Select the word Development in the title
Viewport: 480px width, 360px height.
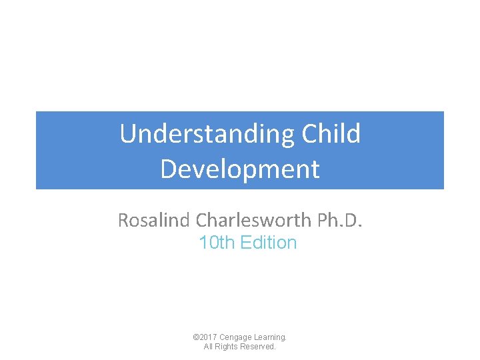point(240,169)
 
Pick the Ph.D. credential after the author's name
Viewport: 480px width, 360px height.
point(342,220)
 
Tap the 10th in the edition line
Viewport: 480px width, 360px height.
point(216,243)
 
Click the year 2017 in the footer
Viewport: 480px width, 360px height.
point(207,338)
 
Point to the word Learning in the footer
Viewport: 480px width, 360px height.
point(269,338)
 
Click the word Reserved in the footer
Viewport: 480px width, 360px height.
point(259,347)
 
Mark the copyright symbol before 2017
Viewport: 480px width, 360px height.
point(195,338)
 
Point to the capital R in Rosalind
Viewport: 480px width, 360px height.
point(124,220)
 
